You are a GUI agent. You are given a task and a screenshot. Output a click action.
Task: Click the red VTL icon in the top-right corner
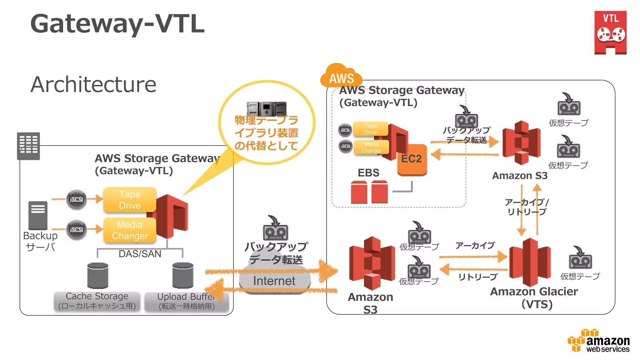(610, 32)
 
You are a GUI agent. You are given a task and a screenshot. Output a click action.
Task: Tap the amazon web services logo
(598, 341)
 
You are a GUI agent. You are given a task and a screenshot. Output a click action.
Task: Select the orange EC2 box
(412, 159)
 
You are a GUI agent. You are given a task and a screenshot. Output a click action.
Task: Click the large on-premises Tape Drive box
(130, 200)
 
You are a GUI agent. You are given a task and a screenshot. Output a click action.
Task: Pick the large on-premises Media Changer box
(130, 230)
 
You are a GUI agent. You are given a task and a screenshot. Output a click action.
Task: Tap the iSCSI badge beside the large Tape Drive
(76, 199)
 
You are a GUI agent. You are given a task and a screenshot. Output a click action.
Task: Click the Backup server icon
(38, 215)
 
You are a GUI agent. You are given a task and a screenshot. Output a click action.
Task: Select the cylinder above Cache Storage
(98, 275)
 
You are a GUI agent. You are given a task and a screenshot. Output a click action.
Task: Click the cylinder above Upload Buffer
(183, 275)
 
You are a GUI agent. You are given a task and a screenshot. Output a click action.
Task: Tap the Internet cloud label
(274, 281)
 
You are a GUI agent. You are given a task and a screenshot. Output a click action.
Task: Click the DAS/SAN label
(140, 254)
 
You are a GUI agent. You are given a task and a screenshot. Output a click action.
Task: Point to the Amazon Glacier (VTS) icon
(530, 262)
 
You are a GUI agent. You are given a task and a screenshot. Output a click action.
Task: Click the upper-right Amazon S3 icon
(521, 143)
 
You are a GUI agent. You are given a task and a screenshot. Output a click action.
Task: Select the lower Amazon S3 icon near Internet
(372, 263)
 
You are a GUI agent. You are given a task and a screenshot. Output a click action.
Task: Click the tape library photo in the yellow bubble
(266, 108)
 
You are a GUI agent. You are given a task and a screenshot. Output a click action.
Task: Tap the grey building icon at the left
(28, 146)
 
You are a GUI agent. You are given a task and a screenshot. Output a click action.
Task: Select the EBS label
(368, 173)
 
